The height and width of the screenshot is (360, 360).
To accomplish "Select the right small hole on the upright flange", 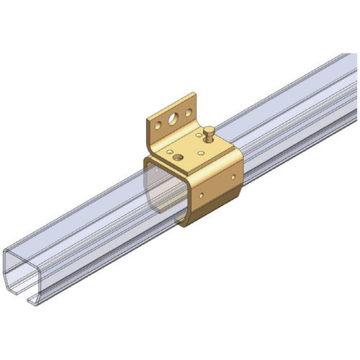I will [x=188, y=112].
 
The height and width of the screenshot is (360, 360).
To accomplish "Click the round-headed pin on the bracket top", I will [x=209, y=132].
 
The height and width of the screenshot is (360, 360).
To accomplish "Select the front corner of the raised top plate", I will [x=189, y=174].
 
